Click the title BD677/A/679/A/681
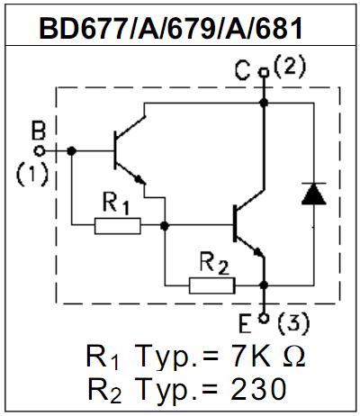tap(171, 29)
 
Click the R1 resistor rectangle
tap(118, 226)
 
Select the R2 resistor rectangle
tap(212, 285)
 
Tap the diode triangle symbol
tap(314, 194)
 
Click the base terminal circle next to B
tap(40, 151)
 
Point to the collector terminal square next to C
tap(264, 72)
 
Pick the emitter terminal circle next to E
tap(264, 319)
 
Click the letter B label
tap(39, 131)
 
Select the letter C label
tap(242, 71)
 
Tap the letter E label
tap(245, 324)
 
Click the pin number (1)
tap(31, 175)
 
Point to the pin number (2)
tap(290, 68)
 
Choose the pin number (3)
tap(292, 324)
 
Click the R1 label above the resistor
tap(116, 203)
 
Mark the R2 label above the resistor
tap(214, 264)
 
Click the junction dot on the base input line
tap(71, 151)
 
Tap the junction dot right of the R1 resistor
tap(165, 226)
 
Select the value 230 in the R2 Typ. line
tap(258, 389)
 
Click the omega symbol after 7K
tap(293, 356)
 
